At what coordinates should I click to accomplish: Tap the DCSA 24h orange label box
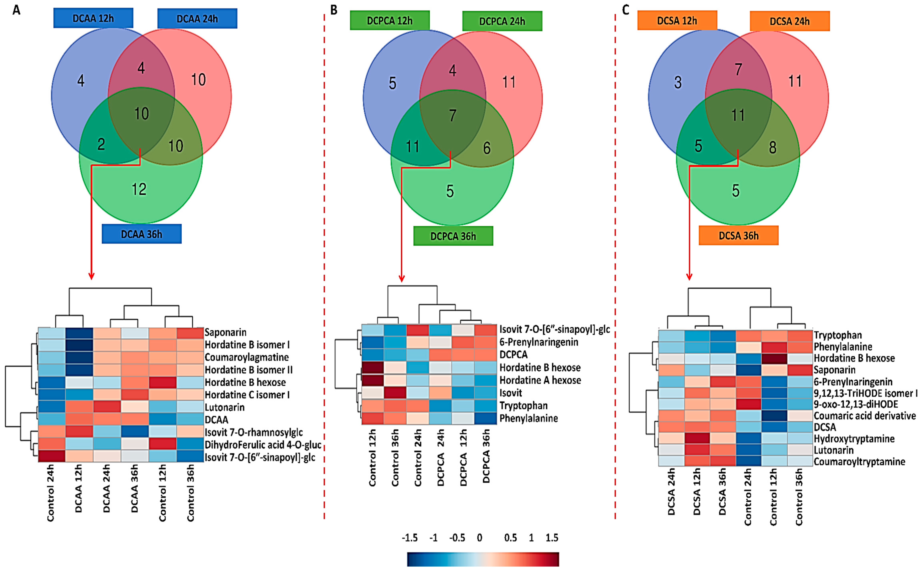[x=790, y=21]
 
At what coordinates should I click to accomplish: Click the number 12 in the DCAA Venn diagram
[x=139, y=189]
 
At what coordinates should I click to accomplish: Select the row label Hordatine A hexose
[x=540, y=380]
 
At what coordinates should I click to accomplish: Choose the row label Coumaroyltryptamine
[x=859, y=461]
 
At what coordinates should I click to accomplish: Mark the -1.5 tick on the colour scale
[x=410, y=538]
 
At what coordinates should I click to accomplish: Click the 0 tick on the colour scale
[x=479, y=538]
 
